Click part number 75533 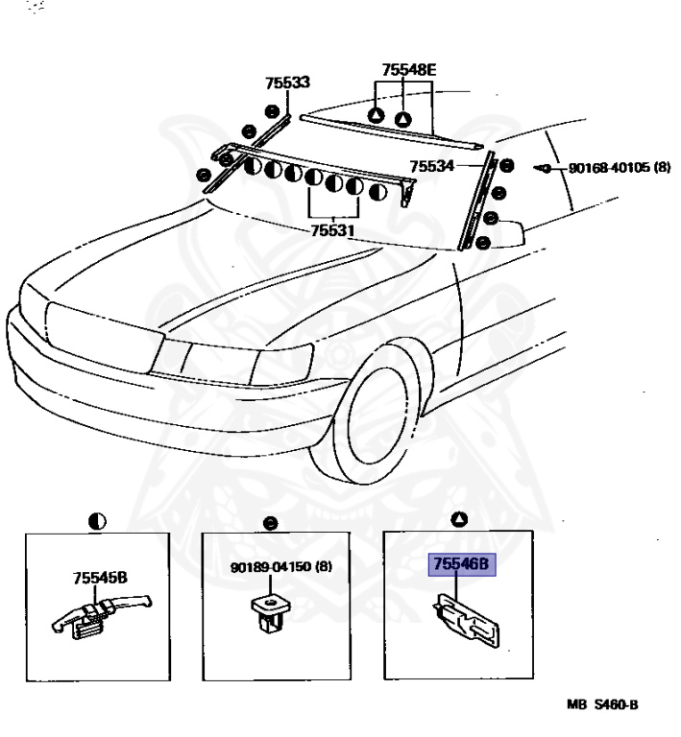pos(287,83)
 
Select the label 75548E pos(408,70)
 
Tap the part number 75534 pos(432,166)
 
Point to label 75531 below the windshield pos(333,231)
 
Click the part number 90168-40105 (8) pos(619,167)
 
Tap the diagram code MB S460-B pos(601,704)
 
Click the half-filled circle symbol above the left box pos(97,521)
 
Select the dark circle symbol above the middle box pos(272,522)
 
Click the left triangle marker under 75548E pos(377,116)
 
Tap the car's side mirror pos(505,234)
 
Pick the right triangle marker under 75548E pos(404,119)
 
